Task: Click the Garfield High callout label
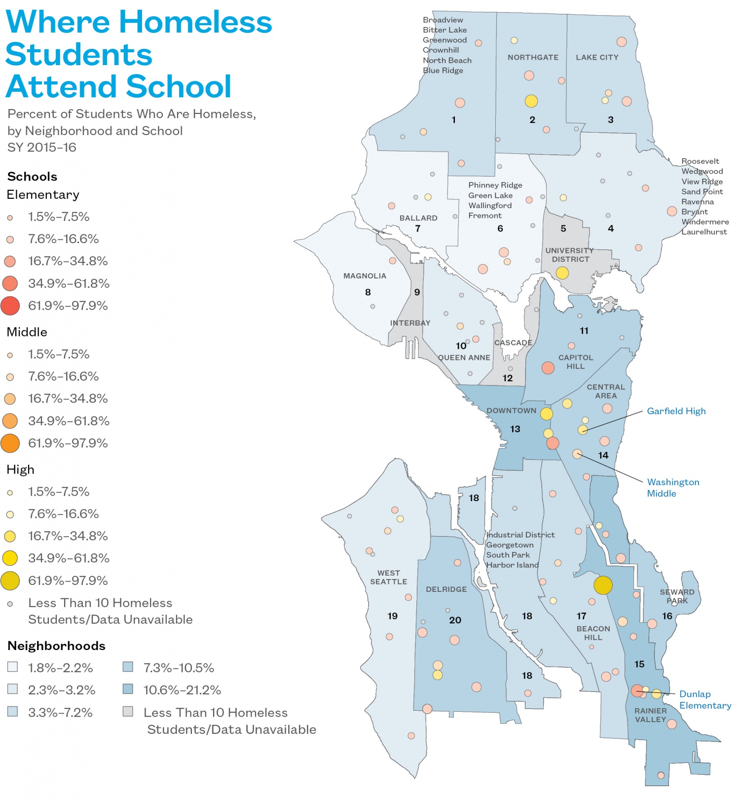click(676, 411)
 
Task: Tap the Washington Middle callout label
click(672, 487)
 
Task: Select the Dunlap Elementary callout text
click(704, 699)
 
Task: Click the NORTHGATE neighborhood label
click(533, 57)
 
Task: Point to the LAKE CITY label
click(597, 57)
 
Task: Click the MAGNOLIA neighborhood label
click(365, 276)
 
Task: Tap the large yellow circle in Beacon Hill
click(603, 585)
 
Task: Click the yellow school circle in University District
click(562, 272)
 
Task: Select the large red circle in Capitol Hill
click(548, 367)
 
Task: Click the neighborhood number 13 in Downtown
click(515, 429)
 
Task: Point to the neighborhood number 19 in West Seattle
click(392, 616)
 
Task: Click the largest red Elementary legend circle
click(10, 305)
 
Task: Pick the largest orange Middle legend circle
click(10, 443)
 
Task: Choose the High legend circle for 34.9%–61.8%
click(10, 558)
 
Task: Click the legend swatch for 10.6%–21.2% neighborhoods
click(128, 689)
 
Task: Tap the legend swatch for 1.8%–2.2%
click(13, 667)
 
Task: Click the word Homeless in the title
click(195, 23)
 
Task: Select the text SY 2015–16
click(42, 147)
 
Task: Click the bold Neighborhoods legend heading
click(56, 646)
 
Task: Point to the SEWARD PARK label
click(677, 596)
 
